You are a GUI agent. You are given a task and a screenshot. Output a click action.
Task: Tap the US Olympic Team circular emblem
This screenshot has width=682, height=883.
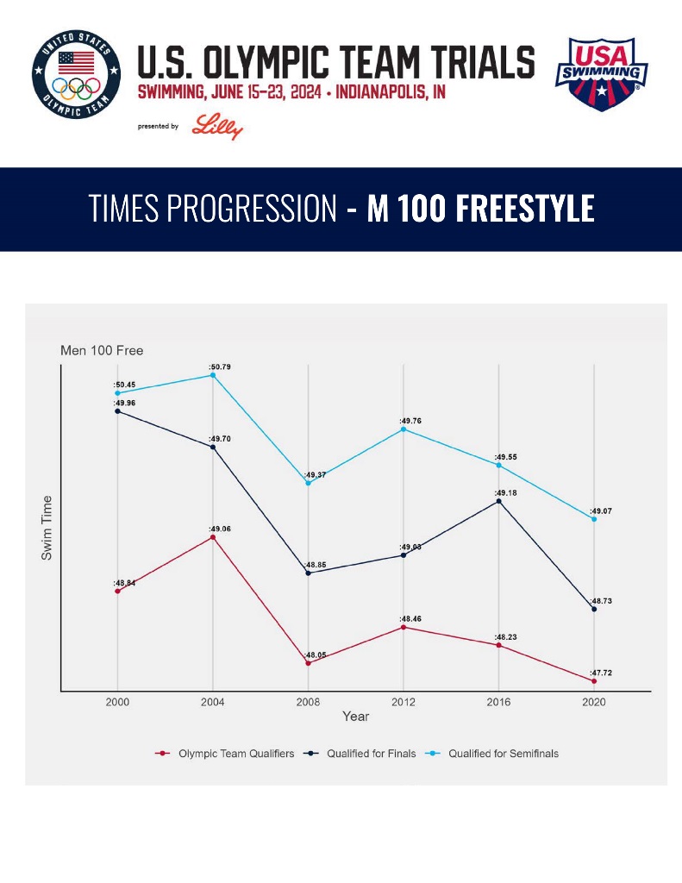pos(77,77)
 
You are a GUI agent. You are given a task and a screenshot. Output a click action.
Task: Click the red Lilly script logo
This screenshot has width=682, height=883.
pos(217,126)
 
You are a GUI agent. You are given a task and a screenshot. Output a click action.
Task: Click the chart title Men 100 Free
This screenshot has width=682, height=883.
pos(102,351)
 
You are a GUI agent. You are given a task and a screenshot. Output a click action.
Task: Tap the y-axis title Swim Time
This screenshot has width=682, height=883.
pos(47,528)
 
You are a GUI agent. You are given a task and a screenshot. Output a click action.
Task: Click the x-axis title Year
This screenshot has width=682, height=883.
pos(355,717)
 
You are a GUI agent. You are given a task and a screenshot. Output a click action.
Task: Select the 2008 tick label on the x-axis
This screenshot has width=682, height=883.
pos(308,702)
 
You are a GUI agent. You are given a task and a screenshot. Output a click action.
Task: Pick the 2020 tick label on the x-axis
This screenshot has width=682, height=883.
pos(594,702)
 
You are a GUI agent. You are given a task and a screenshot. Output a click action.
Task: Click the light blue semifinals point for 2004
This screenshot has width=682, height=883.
pos(213,375)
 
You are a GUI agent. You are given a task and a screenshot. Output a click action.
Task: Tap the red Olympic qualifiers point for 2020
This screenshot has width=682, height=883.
pos(594,681)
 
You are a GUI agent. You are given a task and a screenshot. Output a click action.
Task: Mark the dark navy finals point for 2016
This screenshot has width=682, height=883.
pos(498,501)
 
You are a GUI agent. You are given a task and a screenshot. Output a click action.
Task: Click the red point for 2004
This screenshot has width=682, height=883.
pos(213,537)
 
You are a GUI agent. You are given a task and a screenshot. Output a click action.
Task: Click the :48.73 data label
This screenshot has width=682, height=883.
pos(602,601)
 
